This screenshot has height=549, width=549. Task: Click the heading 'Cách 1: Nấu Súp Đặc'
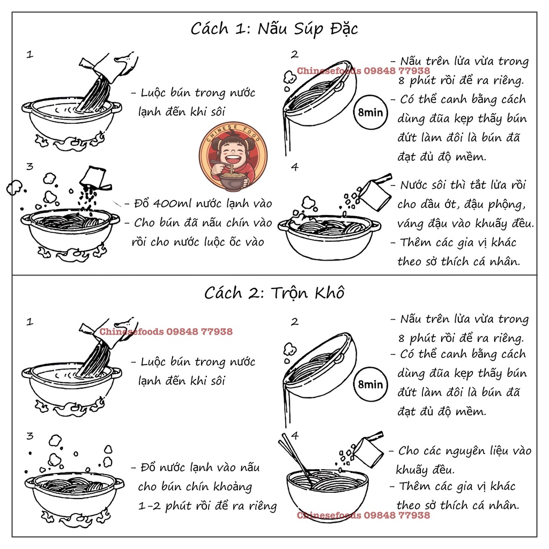274,29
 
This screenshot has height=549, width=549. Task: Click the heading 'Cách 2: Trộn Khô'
274,293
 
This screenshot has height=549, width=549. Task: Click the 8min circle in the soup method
370,113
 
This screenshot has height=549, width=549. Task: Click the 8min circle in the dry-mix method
370,384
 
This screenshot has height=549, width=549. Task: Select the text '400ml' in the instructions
172,203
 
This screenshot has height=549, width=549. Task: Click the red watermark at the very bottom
363,515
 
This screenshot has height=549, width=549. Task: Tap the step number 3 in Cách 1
30,166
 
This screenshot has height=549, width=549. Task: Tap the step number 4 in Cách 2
295,435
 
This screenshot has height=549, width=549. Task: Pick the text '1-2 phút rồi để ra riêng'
207,506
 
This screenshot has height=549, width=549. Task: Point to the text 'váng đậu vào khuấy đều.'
466,224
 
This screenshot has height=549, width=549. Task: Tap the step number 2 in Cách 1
295,54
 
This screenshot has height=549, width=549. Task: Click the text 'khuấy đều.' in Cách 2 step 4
425,470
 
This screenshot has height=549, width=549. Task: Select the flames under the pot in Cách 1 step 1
70,142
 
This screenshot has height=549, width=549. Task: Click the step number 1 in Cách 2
30,322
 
